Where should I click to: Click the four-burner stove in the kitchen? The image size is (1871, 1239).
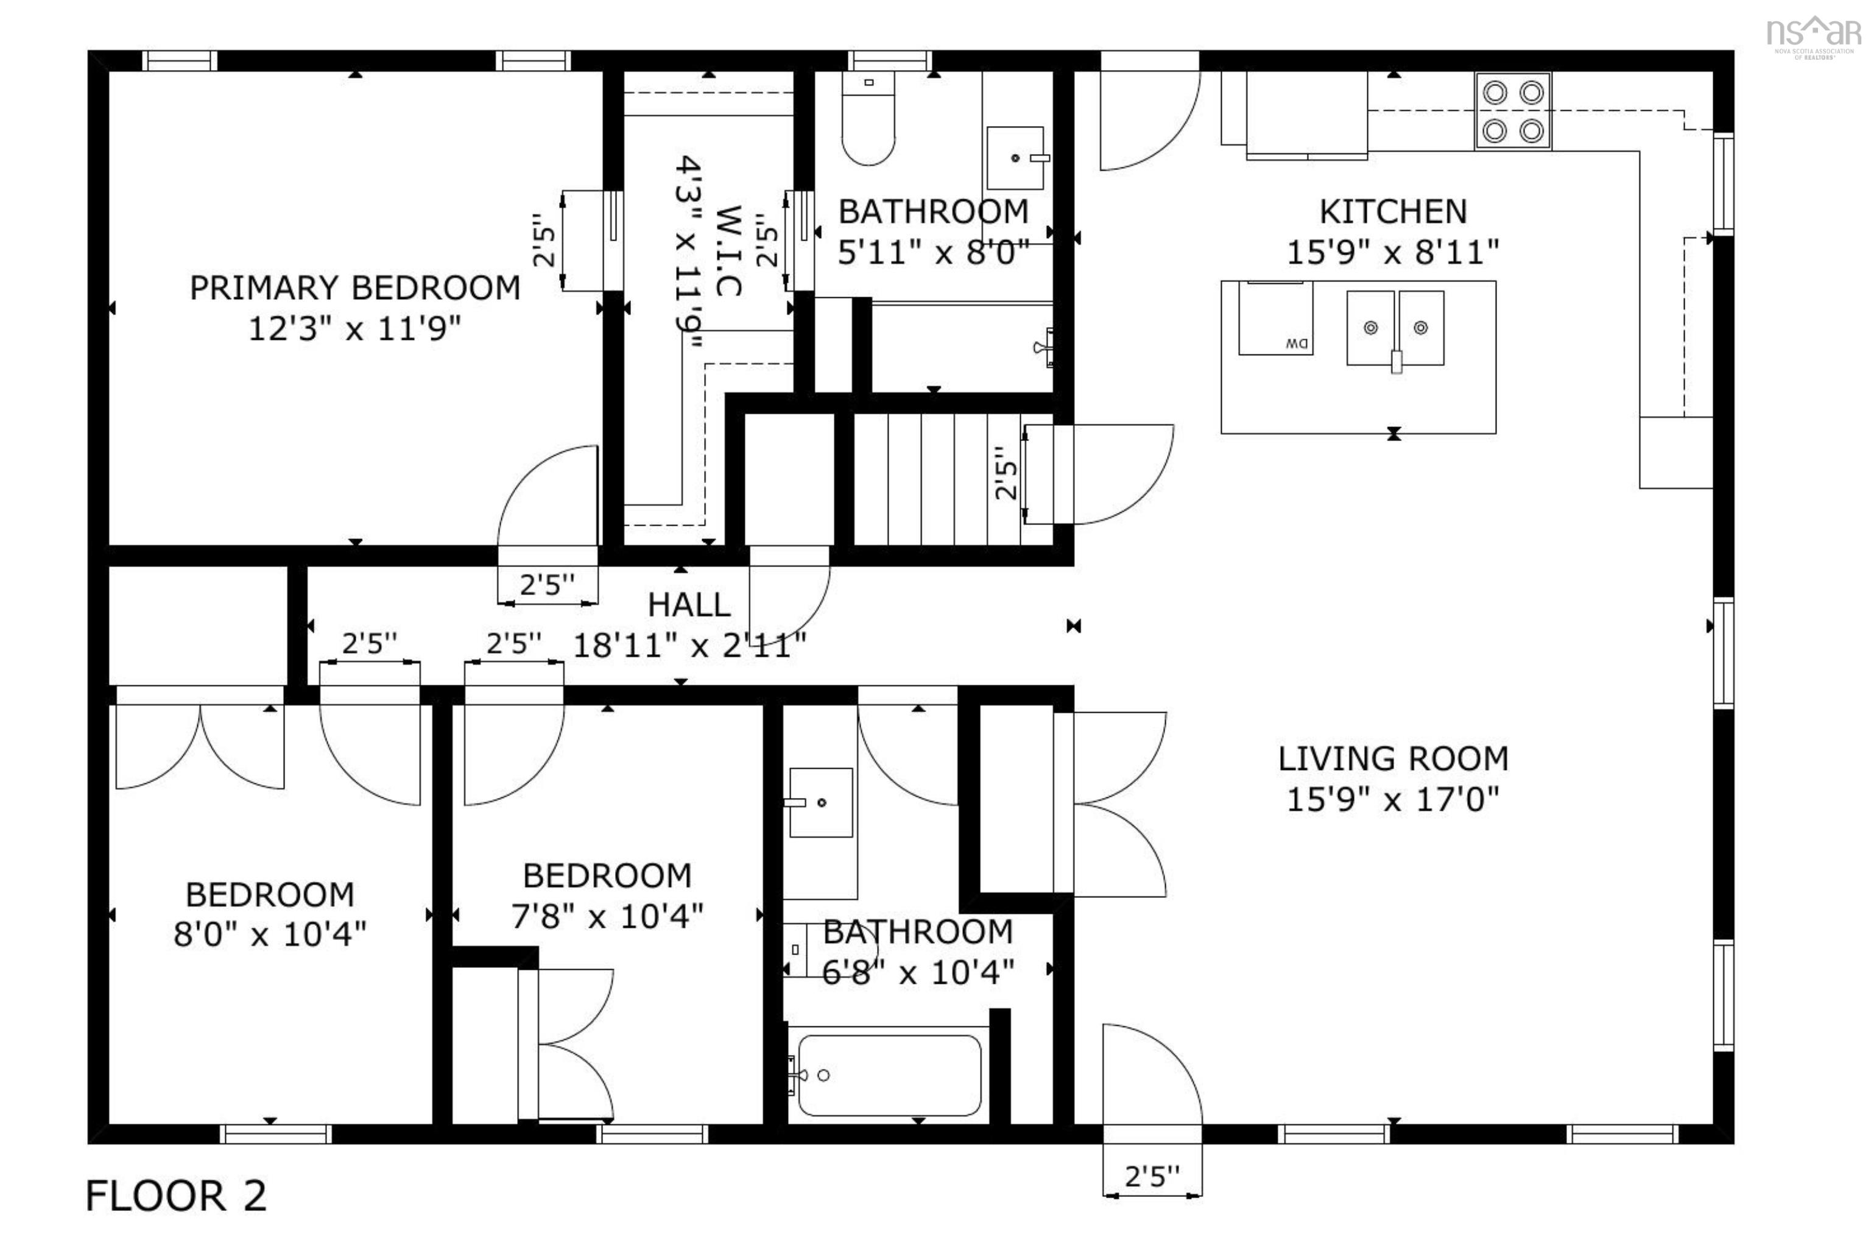[1512, 111]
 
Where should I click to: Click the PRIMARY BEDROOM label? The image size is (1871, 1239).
[354, 288]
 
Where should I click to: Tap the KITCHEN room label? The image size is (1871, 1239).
[1393, 212]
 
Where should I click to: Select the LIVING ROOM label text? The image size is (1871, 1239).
[1393, 758]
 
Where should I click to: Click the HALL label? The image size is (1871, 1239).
[689, 605]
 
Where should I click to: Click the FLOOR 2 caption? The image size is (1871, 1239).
[175, 1196]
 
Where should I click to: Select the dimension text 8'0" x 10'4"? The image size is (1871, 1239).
[270, 935]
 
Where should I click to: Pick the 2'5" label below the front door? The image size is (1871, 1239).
[1152, 1177]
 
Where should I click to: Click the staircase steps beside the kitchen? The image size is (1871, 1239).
[954, 479]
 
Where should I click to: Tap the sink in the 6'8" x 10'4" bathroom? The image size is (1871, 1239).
[820, 803]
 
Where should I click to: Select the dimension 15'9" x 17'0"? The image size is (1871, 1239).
[1393, 800]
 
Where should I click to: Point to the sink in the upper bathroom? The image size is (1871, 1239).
[1016, 158]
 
